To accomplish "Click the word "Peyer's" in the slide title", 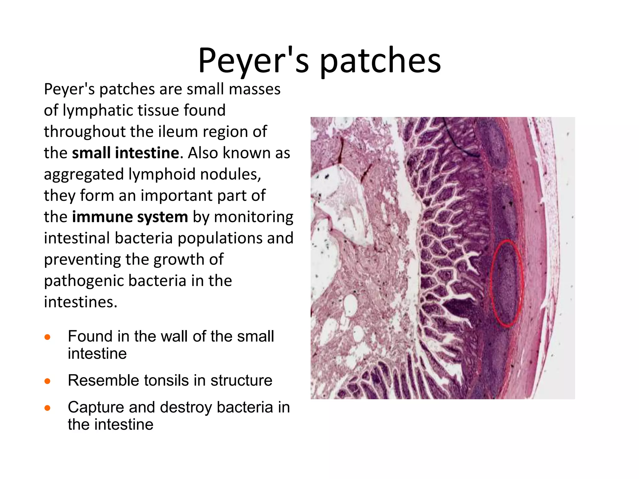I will [253, 61].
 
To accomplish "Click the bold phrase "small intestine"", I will [126, 153].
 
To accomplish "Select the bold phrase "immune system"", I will [130, 217].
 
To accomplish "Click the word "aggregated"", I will [84, 174].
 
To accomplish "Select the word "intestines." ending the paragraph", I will [80, 302].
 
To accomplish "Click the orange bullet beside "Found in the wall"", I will [47, 337].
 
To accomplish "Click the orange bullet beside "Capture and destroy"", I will [47, 408].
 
